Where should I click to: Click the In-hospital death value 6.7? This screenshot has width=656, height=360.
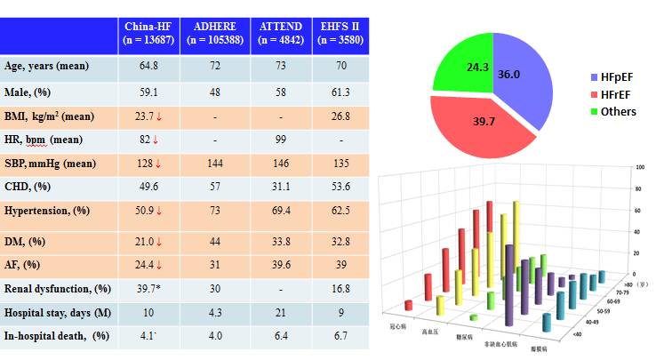point(339,338)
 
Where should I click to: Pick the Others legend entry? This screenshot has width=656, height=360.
point(615,111)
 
